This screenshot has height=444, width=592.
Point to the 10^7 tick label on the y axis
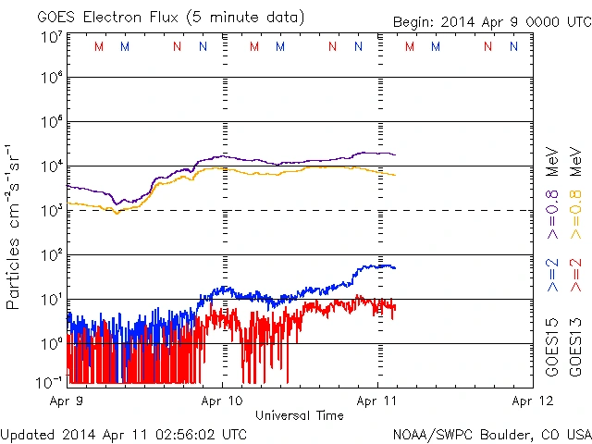(x=51, y=37)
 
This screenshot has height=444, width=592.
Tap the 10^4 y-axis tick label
(x=51, y=166)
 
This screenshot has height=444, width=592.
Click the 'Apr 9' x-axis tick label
(x=68, y=401)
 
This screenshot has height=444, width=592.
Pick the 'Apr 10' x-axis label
(x=222, y=401)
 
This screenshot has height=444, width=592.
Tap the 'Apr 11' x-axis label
(x=377, y=401)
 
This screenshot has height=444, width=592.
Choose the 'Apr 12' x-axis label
(x=530, y=401)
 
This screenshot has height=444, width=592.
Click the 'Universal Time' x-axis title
(x=300, y=415)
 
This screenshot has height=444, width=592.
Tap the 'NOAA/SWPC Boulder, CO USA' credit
(x=491, y=434)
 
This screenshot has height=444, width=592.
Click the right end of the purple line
(x=395, y=154)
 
